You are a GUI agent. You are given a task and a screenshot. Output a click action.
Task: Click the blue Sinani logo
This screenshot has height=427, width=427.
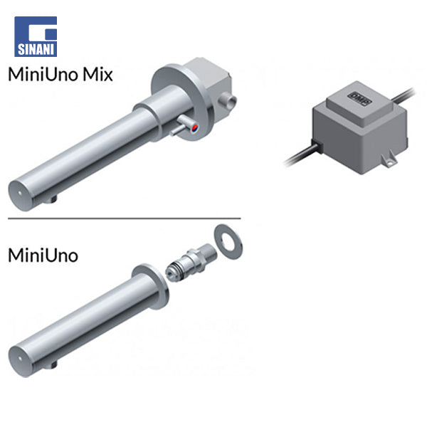pyautogui.click(x=36, y=36)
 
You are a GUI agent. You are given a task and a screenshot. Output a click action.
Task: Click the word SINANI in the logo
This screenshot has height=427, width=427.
pyautogui.click(x=36, y=50)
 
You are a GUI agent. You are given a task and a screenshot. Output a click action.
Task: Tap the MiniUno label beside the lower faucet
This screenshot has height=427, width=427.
pyautogui.click(x=43, y=255)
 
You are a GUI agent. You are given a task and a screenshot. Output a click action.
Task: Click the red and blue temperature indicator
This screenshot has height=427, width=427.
pyautogui.click(x=195, y=127)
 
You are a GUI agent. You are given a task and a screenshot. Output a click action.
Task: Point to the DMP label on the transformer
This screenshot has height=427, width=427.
pyautogui.click(x=359, y=99)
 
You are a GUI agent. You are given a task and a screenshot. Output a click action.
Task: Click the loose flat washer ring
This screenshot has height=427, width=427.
pyautogui.click(x=228, y=241)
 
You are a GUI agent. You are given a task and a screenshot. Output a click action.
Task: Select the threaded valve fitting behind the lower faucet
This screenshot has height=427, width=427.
pyautogui.click(x=191, y=263)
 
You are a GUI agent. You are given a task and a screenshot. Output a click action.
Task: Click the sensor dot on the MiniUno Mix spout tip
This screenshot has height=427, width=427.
pyautogui.click(x=20, y=194)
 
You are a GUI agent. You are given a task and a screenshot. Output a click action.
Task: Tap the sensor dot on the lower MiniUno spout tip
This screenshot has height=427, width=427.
pyautogui.click(x=19, y=359)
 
